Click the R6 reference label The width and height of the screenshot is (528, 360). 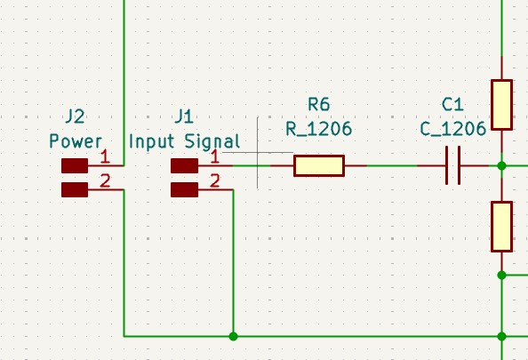tap(319, 104)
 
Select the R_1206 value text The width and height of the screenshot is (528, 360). tap(318, 129)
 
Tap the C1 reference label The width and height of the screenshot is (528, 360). tap(452, 105)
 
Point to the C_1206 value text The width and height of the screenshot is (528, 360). tap(453, 129)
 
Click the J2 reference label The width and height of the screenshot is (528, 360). tap(75, 116)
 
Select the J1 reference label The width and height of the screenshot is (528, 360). tap(184, 116)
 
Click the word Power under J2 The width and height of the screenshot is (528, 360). tap(76, 141)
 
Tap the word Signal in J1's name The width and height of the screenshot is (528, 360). tap(212, 141)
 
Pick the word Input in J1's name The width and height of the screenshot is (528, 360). tap(151, 141)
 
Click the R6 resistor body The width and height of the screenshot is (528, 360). tap(319, 165)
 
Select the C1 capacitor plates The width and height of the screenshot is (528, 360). tap(453, 165)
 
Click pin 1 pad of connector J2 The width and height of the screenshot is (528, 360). tap(75, 165)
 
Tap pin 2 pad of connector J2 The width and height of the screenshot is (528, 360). tap(75, 190)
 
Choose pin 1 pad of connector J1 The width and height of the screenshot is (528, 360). tap(185, 165)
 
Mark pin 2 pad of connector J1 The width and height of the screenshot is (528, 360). tap(185, 190)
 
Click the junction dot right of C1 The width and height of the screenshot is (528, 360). tap(501, 165)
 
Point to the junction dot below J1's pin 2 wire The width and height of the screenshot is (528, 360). tap(233, 336)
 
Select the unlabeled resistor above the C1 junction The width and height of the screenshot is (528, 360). tap(501, 105)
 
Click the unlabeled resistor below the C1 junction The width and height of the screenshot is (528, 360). tap(501, 227)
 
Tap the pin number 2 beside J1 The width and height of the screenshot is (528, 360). tap(215, 180)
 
